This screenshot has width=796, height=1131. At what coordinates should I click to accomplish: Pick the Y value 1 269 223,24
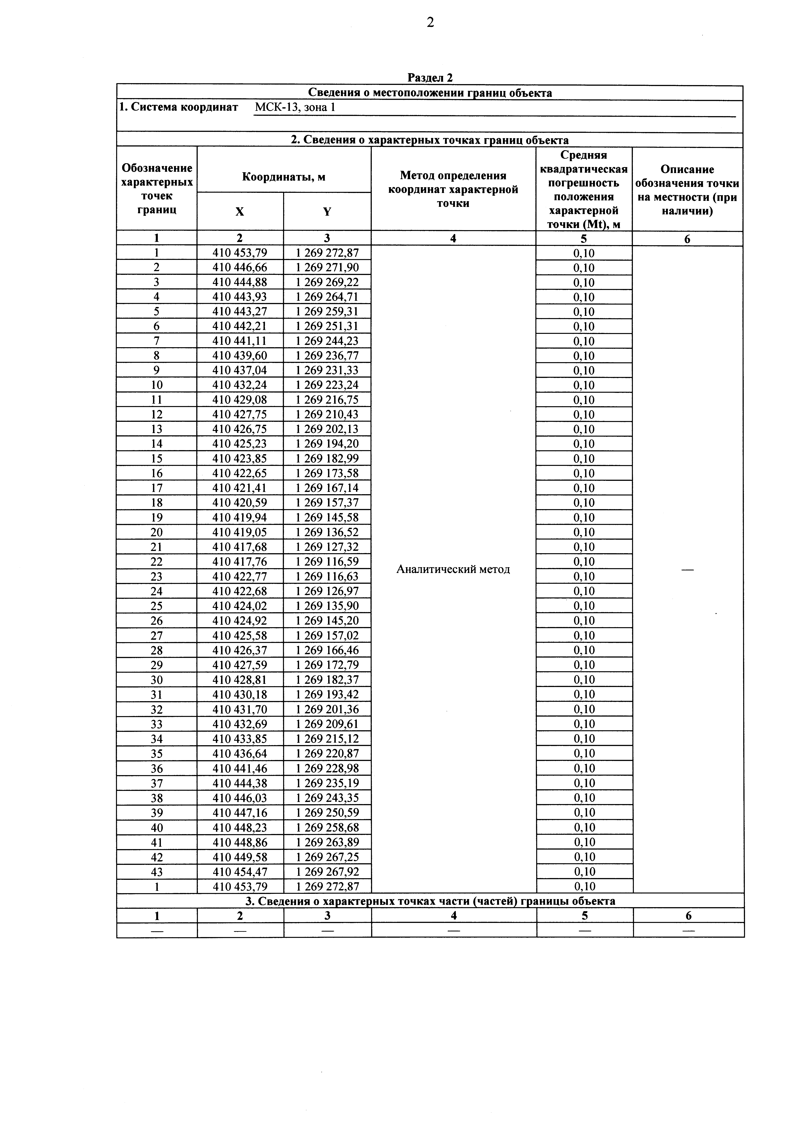tap(327, 385)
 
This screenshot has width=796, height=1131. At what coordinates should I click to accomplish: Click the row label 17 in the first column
tap(157, 488)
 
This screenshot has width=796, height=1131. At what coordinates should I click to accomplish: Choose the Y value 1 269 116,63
tap(327, 576)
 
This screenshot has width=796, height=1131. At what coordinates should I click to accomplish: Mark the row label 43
tap(157, 871)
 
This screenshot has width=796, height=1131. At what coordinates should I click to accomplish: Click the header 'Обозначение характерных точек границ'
tap(157, 189)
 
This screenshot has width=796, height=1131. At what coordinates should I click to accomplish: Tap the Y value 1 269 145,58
tap(327, 517)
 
